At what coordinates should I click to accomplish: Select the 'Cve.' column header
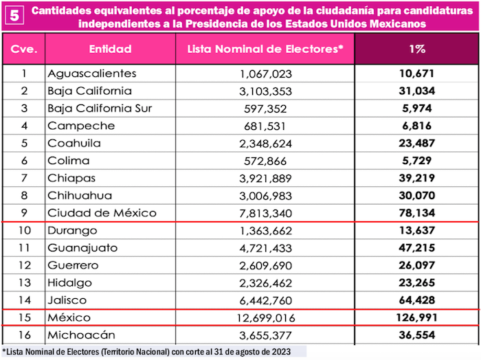pos(24,50)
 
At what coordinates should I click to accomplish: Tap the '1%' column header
pos(416,50)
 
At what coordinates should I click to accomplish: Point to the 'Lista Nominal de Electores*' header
pos(265,50)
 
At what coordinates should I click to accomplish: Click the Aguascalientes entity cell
pos(92,74)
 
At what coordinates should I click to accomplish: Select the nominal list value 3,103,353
pos(266,91)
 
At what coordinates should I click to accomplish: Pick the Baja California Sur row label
pos(100,109)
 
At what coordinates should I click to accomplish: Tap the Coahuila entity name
pos(74,144)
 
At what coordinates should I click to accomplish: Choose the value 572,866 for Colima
pos(266,161)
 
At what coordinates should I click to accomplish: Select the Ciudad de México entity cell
pos(102,213)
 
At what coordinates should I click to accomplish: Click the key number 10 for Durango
pos(24,231)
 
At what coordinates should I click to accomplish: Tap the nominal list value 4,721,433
pos(266,248)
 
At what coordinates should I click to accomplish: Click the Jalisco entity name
pos(68,300)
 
